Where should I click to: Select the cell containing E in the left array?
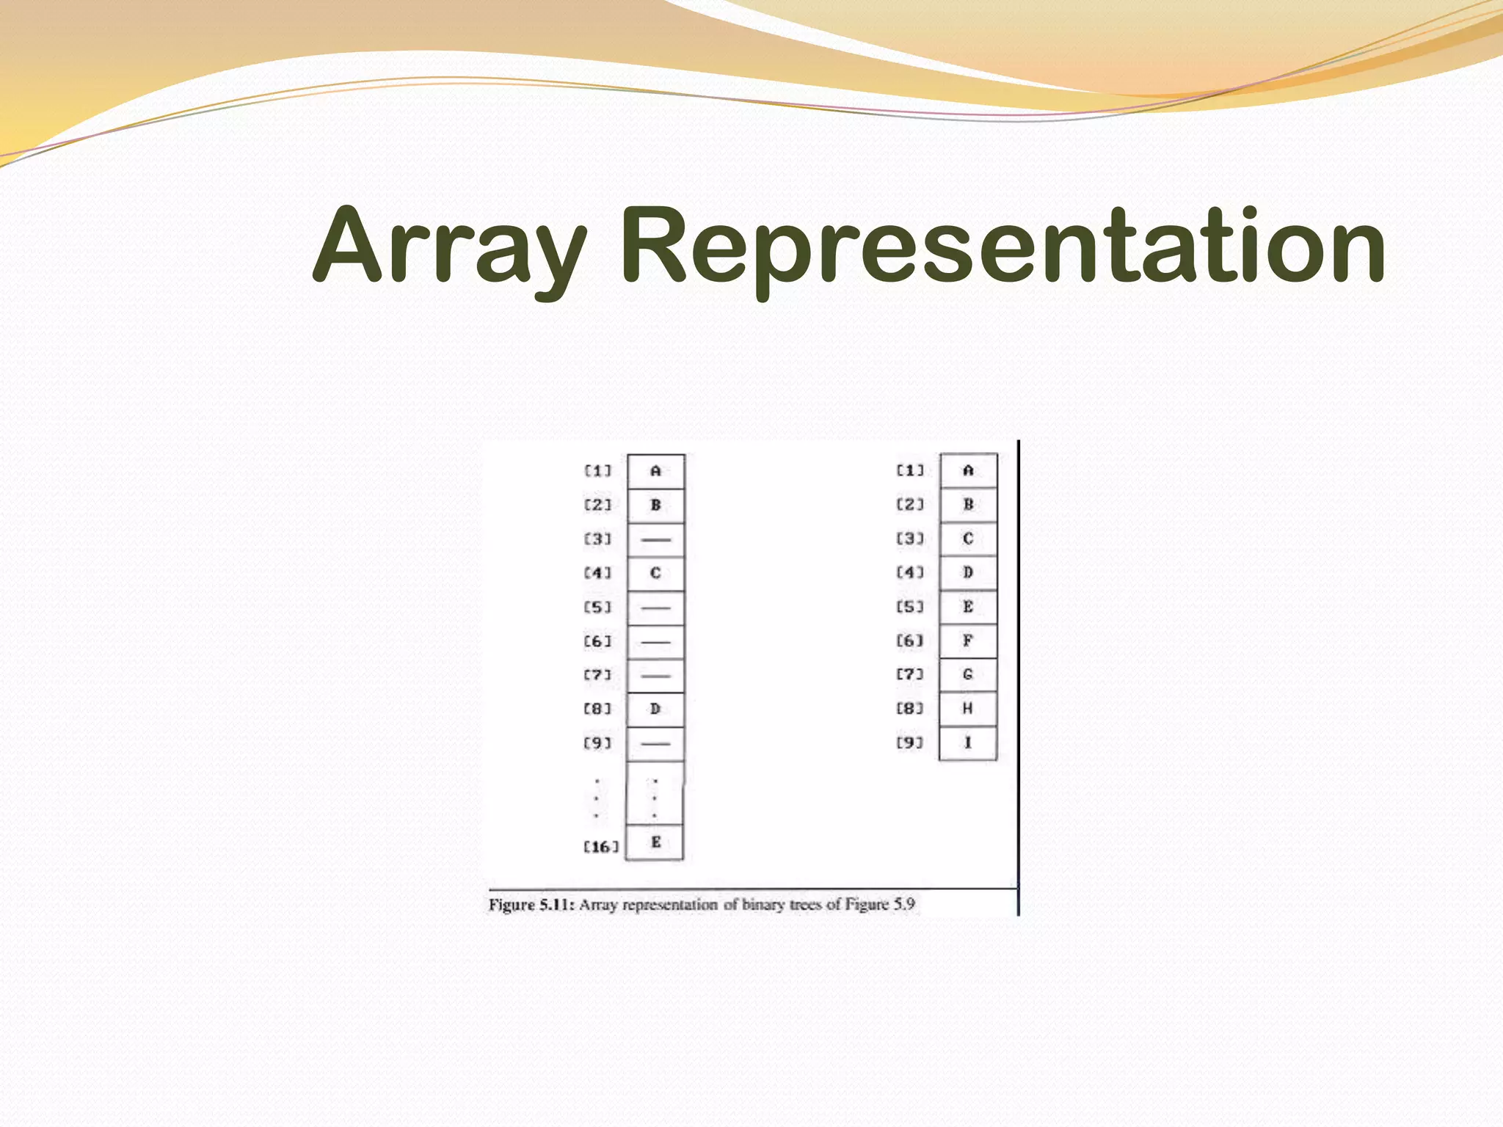655,842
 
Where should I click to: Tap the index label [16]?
601,847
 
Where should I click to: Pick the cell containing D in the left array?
655,709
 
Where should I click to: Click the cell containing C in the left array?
655,573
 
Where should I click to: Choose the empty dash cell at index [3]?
655,539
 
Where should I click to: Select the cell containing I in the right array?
968,743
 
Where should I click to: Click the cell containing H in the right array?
968,709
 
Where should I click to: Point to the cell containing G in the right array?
968,674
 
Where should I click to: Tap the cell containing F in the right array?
968,641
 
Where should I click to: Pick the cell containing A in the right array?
968,470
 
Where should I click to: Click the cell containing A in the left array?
655,471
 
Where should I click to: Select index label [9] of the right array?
909,743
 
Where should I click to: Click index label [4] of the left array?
597,572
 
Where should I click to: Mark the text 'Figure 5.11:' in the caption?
531,905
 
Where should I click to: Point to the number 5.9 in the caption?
902,904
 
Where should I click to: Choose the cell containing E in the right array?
968,607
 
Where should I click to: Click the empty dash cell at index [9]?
655,743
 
